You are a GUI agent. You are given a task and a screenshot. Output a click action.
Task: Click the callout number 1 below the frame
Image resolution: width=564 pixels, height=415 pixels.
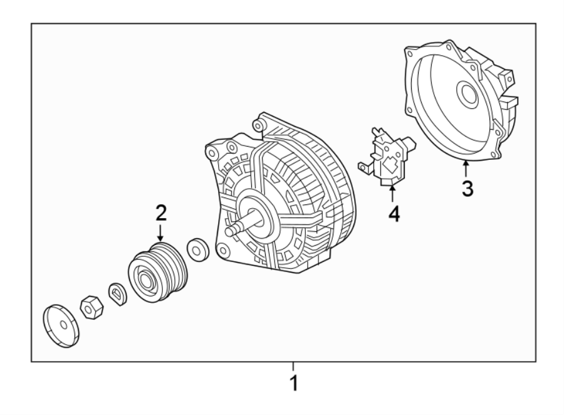[292, 382]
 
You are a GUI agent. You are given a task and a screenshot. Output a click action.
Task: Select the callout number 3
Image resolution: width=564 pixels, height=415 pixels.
[467, 187]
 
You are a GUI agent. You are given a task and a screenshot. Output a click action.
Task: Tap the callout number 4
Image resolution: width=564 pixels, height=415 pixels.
[393, 213]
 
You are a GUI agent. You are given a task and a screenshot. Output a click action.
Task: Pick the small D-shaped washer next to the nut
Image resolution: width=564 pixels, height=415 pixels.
[117, 292]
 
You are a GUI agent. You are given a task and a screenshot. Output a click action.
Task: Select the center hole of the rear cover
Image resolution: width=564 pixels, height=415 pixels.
[467, 95]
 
